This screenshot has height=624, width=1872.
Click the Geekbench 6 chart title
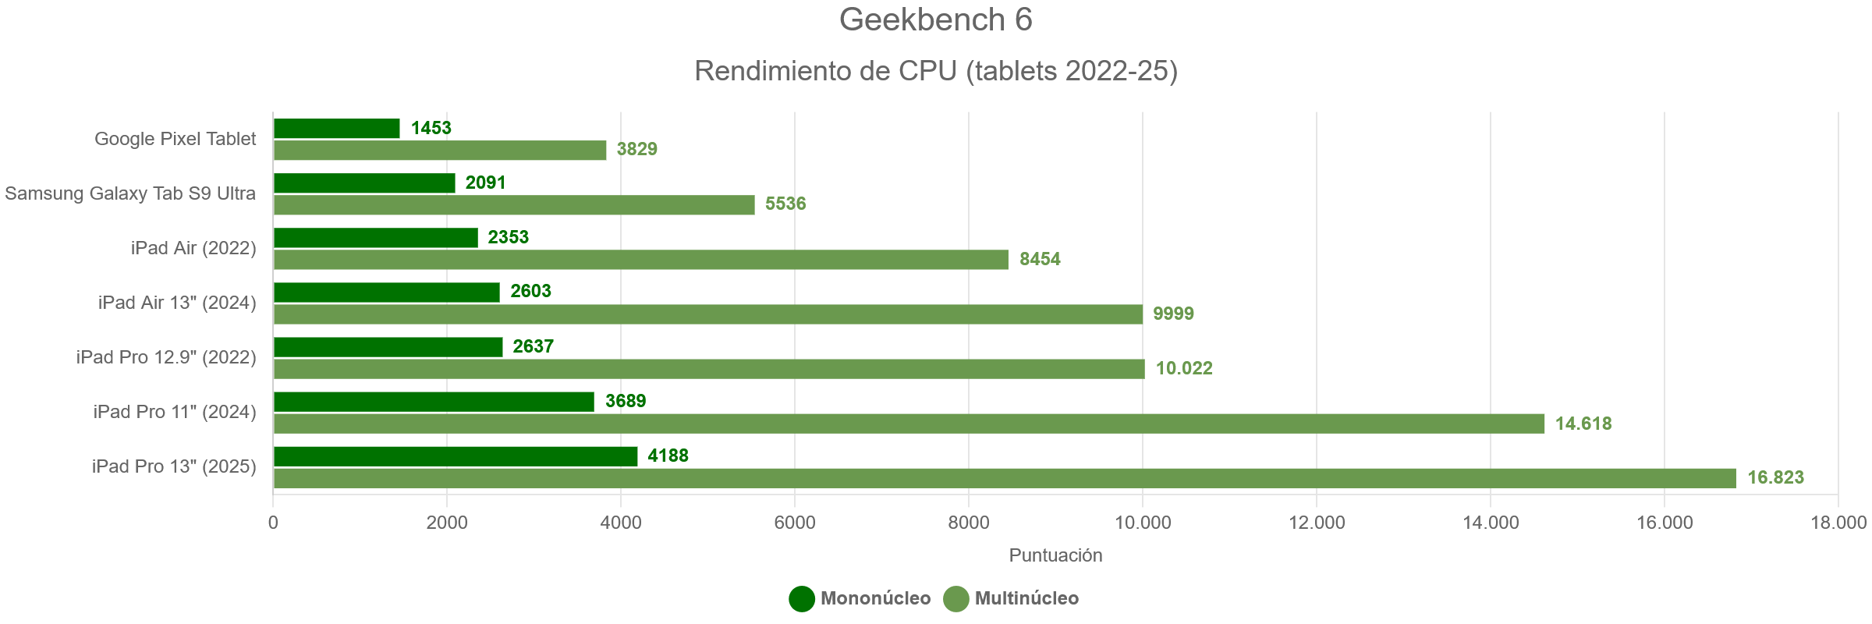coord(935,20)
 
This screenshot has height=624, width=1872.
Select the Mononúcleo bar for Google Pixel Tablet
coord(336,128)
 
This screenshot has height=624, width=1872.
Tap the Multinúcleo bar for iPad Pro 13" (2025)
coord(1005,478)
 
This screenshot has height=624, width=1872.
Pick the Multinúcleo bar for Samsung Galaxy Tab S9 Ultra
coord(514,204)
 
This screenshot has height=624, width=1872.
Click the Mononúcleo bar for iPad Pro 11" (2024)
coord(434,402)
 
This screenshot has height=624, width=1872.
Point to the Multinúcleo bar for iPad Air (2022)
coord(640,259)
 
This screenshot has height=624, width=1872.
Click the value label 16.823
coord(1775,477)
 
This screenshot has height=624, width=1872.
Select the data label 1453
coord(431,128)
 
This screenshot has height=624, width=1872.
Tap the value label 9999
coord(1173,314)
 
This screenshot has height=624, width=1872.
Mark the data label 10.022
coord(1184,368)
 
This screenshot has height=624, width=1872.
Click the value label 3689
coord(626,401)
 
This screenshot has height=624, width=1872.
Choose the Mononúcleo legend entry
coord(860,598)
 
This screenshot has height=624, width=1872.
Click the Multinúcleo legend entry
coord(1012,598)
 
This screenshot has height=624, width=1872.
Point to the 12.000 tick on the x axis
coord(1317,523)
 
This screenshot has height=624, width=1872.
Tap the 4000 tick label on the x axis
coord(621,523)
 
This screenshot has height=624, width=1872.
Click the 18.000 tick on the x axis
coord(1838,523)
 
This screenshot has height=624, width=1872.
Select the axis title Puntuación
coord(1055,555)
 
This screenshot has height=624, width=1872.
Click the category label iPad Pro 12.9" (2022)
coord(166,357)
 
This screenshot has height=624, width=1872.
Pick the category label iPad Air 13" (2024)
coord(177,303)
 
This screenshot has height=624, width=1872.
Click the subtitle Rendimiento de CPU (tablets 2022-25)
coord(935,71)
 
